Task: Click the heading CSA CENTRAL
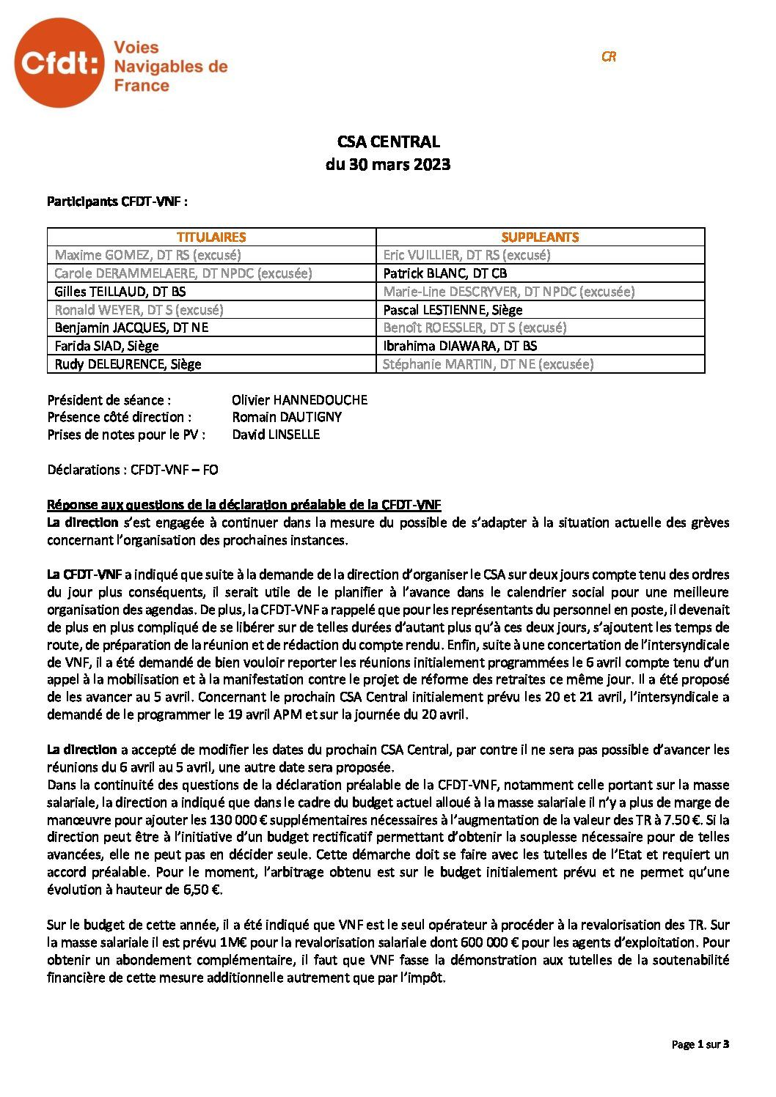[388, 141]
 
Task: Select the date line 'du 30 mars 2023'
[388, 164]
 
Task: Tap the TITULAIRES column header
[211, 237]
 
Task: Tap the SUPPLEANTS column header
[540, 237]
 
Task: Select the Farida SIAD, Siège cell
[107, 346]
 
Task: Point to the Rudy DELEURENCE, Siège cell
[128, 364]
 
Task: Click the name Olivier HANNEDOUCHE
[299, 400]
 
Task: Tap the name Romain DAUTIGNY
[287, 417]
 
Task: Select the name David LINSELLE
[276, 435]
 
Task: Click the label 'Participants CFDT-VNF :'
[117, 201]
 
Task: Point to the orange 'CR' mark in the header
[608, 56]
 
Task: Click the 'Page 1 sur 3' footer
[700, 1044]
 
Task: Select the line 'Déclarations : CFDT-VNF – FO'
[133, 470]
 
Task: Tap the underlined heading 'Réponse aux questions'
[244, 505]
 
